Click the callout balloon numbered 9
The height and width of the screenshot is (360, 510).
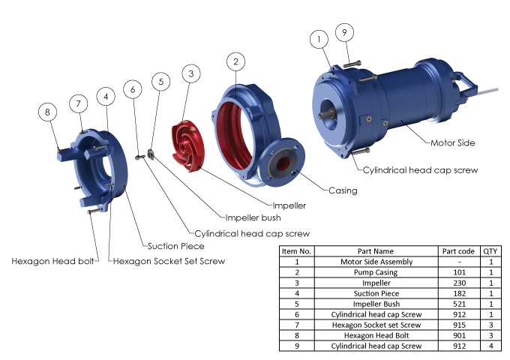coord(344,31)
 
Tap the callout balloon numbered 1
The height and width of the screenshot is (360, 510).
coord(319,39)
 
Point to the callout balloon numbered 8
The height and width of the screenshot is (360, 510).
coord(48,112)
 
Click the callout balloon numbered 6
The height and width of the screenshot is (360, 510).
coord(133,89)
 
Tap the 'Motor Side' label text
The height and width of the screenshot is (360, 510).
coord(453,142)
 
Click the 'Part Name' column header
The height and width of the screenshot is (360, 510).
coord(373,251)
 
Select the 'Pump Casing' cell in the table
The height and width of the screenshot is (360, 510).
coord(373,272)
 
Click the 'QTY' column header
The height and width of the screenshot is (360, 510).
coord(490,251)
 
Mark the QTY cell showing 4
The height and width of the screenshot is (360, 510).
coord(490,346)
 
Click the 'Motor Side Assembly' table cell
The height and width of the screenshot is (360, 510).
coord(373,262)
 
